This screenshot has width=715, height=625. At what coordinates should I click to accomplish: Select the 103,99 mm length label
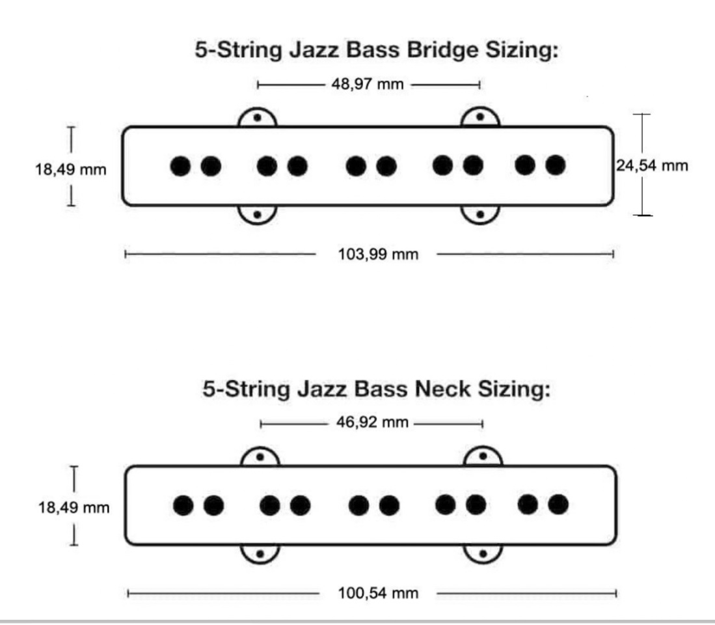[378, 254]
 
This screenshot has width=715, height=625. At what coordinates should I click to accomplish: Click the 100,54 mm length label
[378, 593]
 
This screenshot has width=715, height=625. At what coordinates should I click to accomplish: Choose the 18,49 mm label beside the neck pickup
[73, 508]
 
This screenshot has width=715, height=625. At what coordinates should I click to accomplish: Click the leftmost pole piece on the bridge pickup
[179, 166]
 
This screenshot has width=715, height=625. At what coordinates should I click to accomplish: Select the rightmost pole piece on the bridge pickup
[555, 166]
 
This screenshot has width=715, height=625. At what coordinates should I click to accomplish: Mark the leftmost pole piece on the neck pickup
[183, 505]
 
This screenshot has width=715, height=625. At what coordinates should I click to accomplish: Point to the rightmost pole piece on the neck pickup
[558, 505]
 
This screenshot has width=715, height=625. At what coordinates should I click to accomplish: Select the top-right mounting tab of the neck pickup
[483, 458]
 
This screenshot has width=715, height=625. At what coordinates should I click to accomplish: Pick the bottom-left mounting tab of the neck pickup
[260, 553]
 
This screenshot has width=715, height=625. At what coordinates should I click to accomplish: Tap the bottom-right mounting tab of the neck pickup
[483, 553]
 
